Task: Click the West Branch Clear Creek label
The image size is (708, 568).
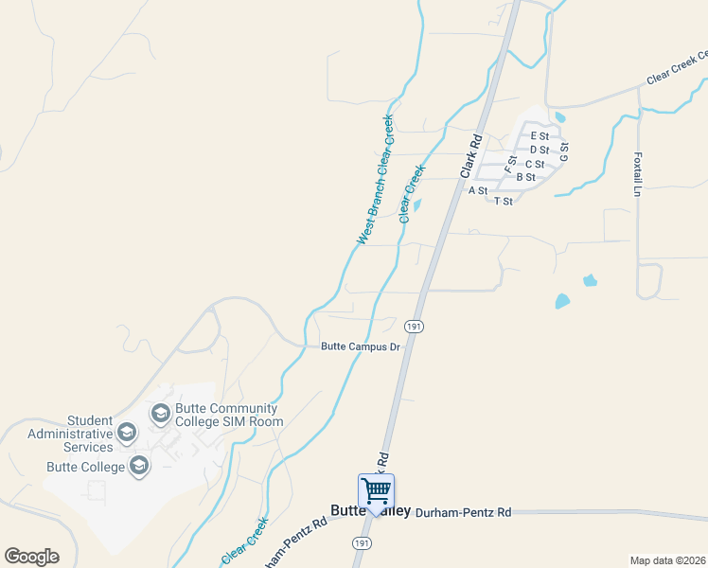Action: pyautogui.click(x=375, y=180)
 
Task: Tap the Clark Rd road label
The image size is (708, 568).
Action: pyautogui.click(x=470, y=156)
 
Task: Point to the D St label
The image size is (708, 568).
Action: pyautogui.click(x=540, y=150)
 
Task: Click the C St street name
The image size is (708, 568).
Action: pyautogui.click(x=534, y=164)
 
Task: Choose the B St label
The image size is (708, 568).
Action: pyautogui.click(x=526, y=177)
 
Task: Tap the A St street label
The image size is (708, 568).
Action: pyautogui.click(x=478, y=190)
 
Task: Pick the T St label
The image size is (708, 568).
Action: pyautogui.click(x=503, y=201)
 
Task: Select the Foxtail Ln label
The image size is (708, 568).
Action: pyautogui.click(x=637, y=171)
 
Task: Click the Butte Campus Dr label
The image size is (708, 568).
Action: pyautogui.click(x=362, y=346)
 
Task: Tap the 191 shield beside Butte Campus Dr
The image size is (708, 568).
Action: pyautogui.click(x=414, y=327)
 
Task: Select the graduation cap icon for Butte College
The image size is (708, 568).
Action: pyautogui.click(x=139, y=465)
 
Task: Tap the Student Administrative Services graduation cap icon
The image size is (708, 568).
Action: pyautogui.click(x=127, y=433)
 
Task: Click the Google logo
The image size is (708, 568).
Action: pyautogui.click(x=31, y=557)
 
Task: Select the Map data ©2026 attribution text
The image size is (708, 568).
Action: pyautogui.click(x=667, y=560)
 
